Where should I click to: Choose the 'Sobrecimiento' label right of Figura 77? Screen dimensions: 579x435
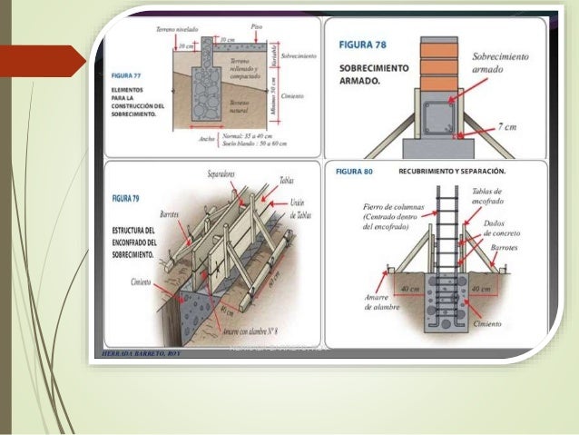pos(299,55)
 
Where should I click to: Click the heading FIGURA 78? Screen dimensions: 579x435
pos(369,44)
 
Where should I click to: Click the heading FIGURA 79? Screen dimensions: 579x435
pos(126,195)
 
